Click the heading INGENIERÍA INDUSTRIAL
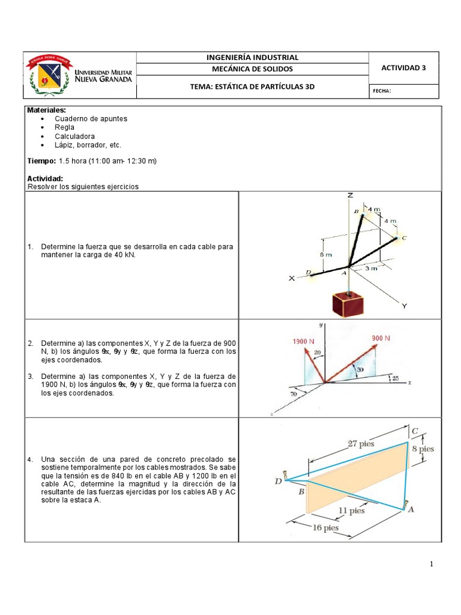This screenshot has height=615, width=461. (252, 57)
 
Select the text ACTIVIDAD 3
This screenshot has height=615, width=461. (403, 67)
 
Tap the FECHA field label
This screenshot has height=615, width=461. (382, 91)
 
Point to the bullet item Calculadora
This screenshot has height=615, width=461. (74, 136)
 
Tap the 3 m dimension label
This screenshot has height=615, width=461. (371, 268)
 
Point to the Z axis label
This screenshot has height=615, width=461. (349, 196)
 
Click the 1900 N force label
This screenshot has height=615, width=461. (304, 341)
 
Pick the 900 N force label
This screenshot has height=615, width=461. (381, 338)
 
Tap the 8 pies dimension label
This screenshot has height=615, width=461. (427, 449)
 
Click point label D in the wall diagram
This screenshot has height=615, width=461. (278, 480)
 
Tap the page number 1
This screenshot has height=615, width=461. (431, 565)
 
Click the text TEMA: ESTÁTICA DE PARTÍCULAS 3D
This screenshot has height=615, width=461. (252, 86)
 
